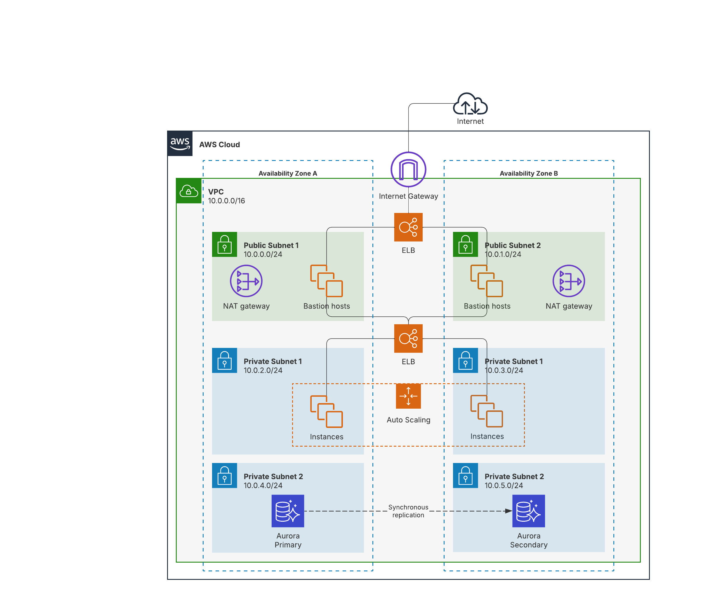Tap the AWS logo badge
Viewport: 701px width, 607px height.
[180, 143]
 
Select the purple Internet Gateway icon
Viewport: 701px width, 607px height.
[408, 169]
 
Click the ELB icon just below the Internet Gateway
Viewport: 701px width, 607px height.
[408, 227]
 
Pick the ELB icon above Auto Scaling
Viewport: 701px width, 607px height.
[408, 338]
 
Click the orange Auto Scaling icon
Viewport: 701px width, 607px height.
[408, 396]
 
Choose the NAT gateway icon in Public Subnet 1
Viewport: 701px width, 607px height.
[246, 281]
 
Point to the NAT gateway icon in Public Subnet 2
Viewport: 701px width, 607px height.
[569, 281]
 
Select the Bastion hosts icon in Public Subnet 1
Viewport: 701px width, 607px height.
[327, 281]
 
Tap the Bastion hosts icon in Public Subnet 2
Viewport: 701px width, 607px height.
[487, 281]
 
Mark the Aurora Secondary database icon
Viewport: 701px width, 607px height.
[528, 511]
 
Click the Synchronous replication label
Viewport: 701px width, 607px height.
[408, 511]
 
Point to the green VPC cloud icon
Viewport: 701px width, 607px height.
[189, 191]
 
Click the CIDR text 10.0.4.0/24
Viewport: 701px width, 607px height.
[263, 485]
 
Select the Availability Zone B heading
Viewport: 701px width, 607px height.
[529, 174]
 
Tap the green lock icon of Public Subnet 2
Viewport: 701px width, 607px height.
[465, 244]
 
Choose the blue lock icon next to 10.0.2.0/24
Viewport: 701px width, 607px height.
[224, 360]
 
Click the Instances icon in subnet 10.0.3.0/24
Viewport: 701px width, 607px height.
[487, 411]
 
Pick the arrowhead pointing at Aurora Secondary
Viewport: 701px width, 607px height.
[508, 511]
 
